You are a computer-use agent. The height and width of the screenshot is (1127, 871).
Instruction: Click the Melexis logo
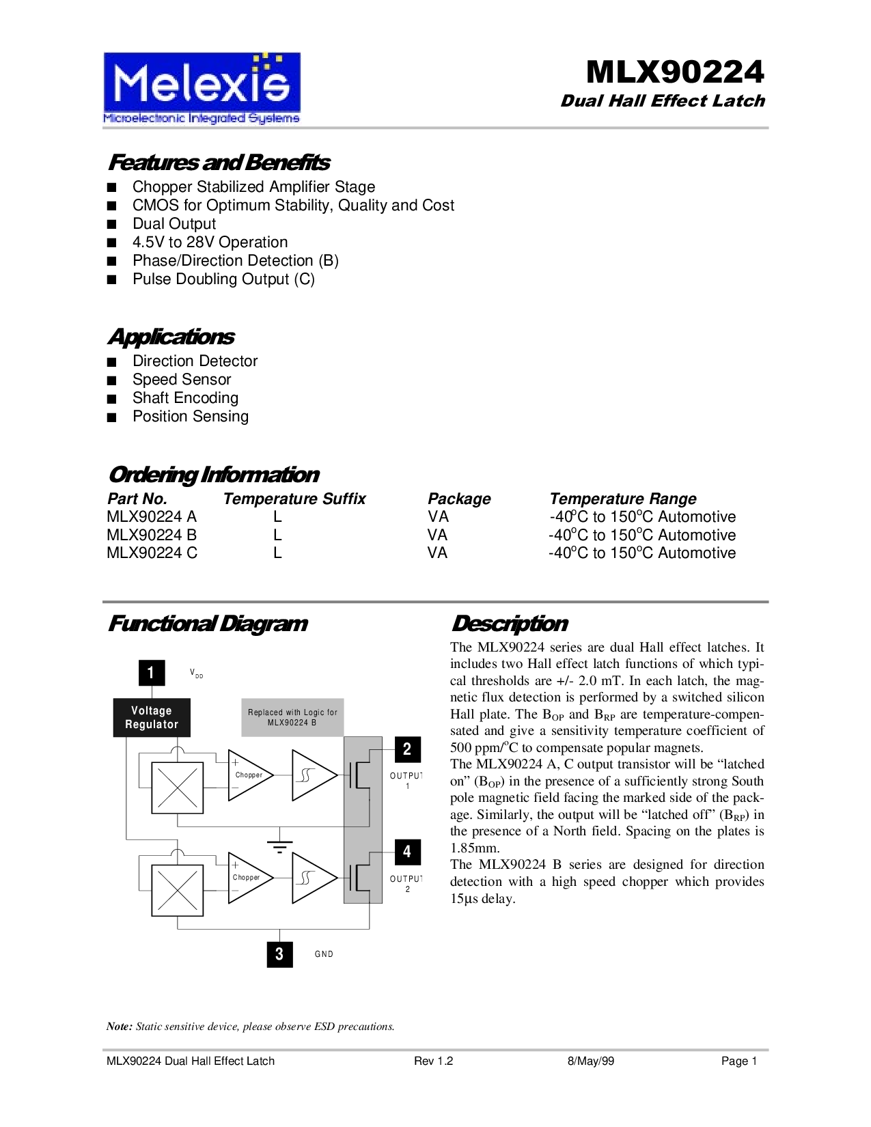point(202,88)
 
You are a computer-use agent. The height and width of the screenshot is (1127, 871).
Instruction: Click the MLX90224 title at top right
point(675,72)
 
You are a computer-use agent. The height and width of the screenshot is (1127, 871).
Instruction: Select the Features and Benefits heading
point(219,163)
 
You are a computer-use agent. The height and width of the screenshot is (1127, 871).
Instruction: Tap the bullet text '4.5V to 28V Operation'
point(210,242)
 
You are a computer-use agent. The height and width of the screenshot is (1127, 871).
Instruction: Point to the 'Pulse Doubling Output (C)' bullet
point(223,279)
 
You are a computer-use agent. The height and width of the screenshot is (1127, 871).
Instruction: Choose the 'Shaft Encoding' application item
point(185,398)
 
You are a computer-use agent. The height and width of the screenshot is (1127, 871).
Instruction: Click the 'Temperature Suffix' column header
point(294,499)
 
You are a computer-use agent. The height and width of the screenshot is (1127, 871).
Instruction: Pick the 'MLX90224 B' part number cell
point(152,535)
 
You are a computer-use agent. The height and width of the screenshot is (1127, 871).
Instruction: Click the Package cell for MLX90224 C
point(437,553)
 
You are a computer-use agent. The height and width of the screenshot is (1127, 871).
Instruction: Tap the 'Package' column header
point(459,499)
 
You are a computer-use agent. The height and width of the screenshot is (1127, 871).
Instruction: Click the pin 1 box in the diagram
point(152,673)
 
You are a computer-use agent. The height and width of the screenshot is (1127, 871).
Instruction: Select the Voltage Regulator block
point(152,718)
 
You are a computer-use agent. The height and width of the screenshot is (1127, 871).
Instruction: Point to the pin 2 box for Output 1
point(407,749)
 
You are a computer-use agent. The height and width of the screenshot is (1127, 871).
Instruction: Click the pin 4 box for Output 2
point(407,852)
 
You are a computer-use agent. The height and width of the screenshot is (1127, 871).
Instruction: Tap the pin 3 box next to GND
point(279,954)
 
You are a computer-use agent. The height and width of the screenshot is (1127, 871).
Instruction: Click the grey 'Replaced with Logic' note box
point(292,717)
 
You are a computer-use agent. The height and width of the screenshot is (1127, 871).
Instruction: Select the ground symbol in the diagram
point(279,847)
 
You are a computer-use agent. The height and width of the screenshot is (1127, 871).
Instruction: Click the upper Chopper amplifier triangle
point(249,775)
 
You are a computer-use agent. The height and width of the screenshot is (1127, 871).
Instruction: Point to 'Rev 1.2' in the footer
point(433,1061)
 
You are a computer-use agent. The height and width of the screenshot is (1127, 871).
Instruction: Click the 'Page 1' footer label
point(739,1061)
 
